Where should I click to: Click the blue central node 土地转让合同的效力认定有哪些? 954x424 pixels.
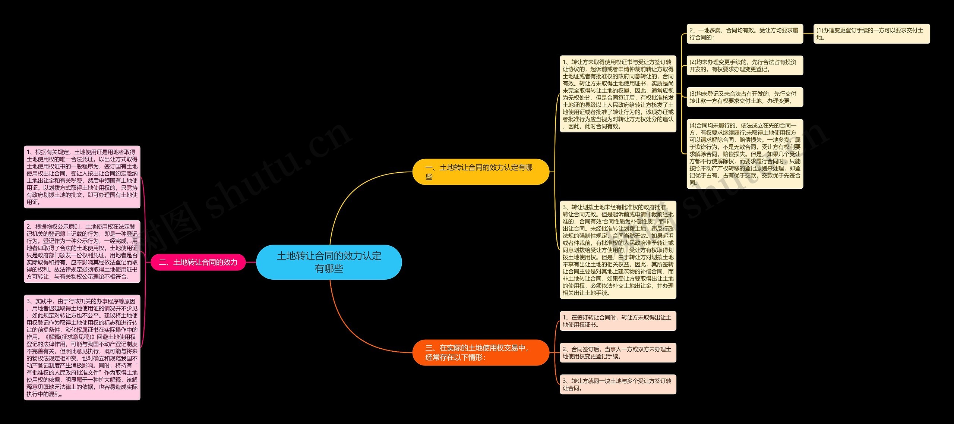[329, 262]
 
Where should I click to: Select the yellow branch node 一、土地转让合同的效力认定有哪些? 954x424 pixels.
[480, 172]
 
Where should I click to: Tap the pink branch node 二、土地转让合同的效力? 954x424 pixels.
[198, 262]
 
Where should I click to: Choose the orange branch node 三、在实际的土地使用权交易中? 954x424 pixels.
[480, 352]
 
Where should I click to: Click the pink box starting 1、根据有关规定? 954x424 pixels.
[82, 177]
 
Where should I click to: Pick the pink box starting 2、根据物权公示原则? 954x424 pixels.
[82, 251]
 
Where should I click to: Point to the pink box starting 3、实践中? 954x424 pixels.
[82, 347]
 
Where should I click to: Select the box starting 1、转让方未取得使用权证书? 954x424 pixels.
[618, 94]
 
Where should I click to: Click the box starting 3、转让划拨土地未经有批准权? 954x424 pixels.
[618, 250]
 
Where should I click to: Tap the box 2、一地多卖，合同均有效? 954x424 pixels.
[745, 34]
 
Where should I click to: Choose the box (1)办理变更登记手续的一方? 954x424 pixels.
[871, 34]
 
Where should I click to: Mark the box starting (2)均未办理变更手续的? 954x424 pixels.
[745, 66]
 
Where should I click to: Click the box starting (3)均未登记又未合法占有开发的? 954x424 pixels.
[745, 97]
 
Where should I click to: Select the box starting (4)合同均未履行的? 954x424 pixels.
[745, 154]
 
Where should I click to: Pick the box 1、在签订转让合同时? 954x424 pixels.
[618, 321]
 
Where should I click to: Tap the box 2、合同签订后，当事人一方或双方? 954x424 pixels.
[618, 353]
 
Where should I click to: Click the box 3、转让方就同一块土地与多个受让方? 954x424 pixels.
[618, 384]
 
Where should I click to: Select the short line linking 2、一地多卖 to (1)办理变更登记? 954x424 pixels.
[808, 34]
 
